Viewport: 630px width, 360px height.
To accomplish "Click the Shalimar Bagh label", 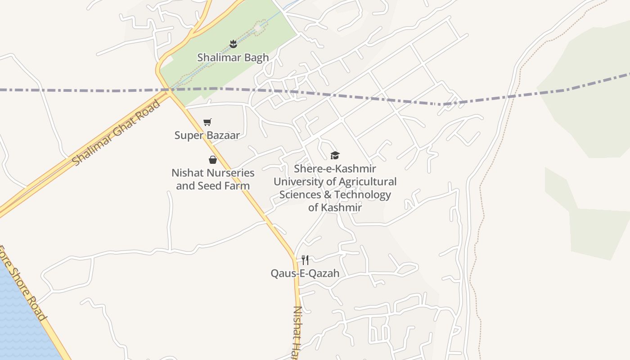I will click(233, 58).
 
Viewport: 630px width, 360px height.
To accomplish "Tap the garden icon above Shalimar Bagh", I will click(233, 44).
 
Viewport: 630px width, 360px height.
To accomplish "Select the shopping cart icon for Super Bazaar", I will click(207, 122).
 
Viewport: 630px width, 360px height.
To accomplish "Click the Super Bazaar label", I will click(207, 135).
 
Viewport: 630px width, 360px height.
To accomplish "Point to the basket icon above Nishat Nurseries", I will click(213, 159).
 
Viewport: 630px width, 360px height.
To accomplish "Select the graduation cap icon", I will click(335, 155).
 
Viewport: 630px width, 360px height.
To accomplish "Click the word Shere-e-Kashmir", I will click(335, 169).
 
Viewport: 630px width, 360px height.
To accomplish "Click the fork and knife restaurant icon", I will click(305, 260).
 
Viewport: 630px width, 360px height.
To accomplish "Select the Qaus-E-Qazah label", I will click(305, 273).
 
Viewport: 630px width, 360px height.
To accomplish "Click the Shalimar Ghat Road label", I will click(116, 133).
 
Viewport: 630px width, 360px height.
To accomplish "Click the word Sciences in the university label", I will click(300, 195).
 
